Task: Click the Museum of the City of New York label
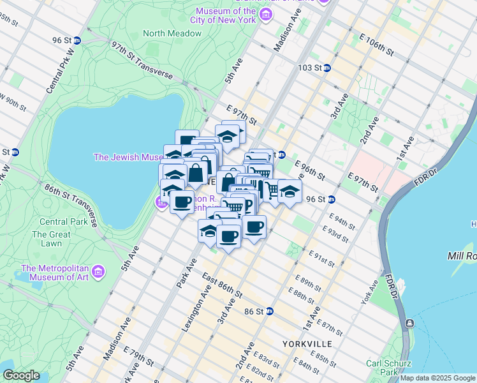coord(226,15)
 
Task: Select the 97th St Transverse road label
coord(142,61)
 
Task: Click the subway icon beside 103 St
coord(326,68)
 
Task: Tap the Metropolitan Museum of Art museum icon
coord(98,273)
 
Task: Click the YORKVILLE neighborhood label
coord(308,343)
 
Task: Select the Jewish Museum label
coord(128,156)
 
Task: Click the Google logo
coord(21,375)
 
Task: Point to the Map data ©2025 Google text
coord(438,378)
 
